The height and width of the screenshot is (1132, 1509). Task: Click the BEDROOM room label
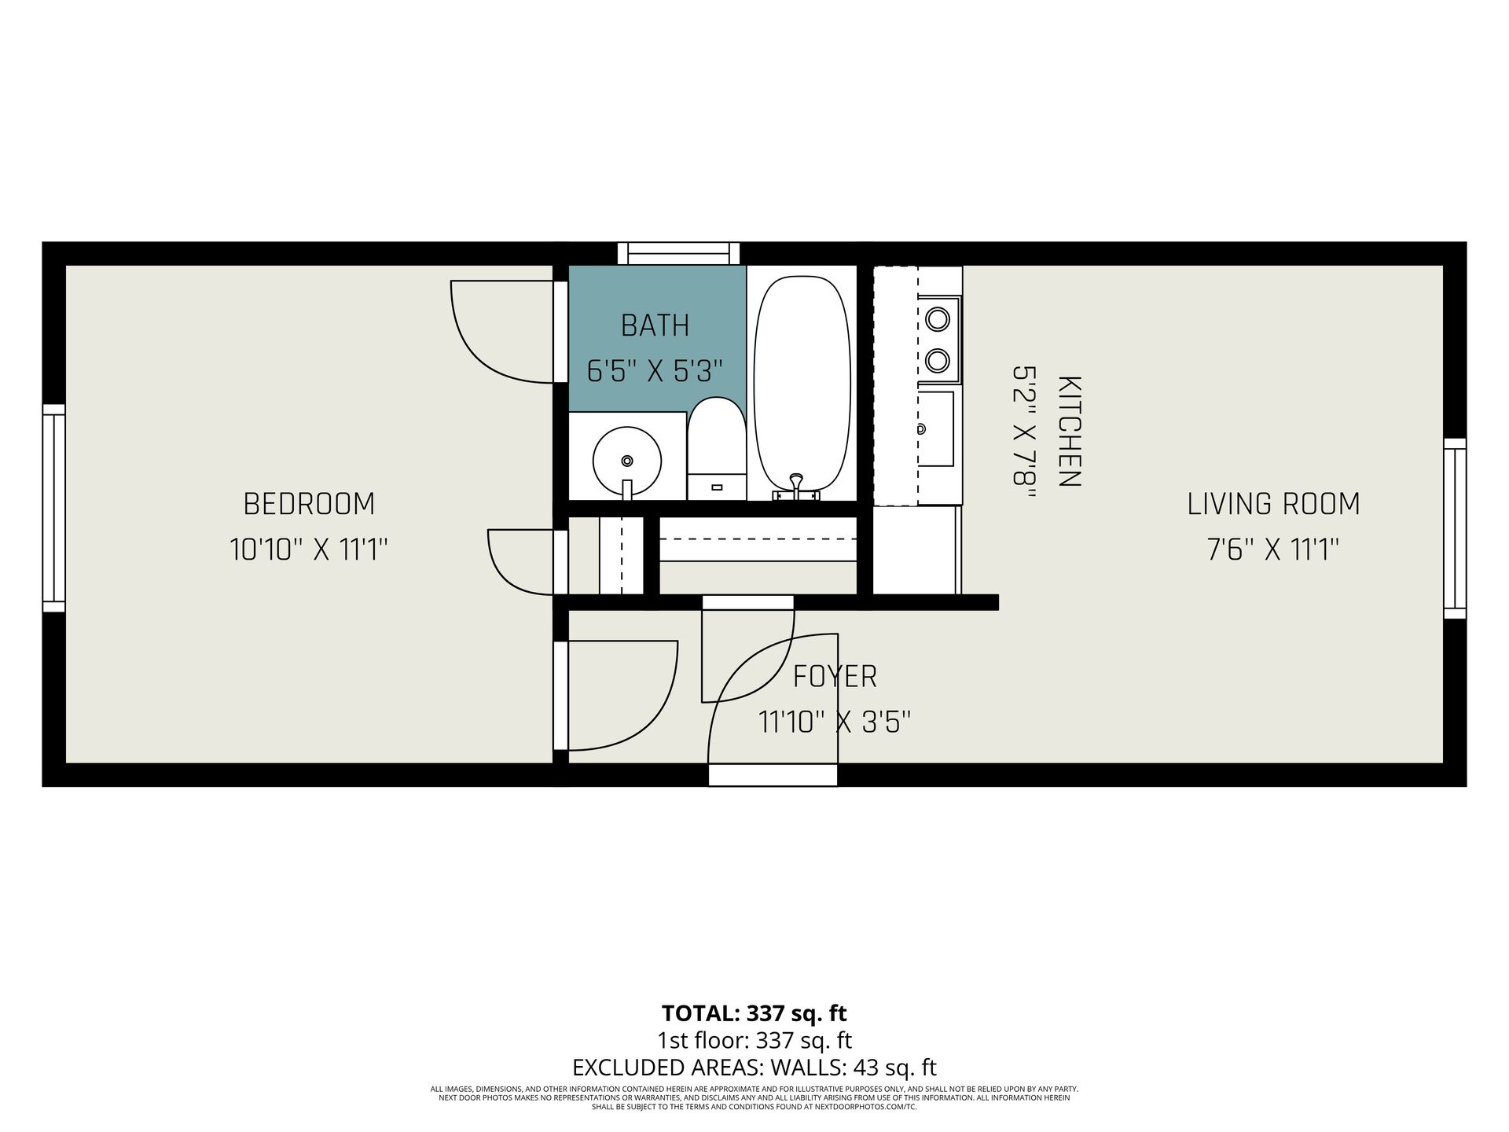point(309,504)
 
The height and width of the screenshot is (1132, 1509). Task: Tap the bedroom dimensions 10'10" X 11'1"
point(309,549)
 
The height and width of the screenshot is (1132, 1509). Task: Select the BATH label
point(655,325)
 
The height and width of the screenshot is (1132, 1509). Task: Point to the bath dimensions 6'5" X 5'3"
point(655,370)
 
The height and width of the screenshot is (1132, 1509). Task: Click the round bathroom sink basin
point(626,460)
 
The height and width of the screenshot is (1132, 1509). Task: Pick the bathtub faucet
point(797,487)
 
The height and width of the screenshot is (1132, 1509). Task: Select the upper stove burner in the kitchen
point(937,319)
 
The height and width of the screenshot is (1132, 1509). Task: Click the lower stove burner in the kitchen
point(937,361)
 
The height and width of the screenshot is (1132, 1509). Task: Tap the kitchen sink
point(935,428)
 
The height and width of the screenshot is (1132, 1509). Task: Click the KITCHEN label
point(1070,432)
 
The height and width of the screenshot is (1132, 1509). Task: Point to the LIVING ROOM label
point(1273,504)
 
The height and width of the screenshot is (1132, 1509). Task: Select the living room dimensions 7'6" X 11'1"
point(1273,549)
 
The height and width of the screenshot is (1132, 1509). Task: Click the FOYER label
point(835,676)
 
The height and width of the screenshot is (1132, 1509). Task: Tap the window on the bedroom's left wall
point(53,508)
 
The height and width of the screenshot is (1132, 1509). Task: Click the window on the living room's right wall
point(1456,528)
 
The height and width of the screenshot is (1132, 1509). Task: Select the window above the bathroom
point(678,253)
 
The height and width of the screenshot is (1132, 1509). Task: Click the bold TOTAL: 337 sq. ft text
point(754,1013)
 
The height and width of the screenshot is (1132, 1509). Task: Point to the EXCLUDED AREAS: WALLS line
point(754,1068)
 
